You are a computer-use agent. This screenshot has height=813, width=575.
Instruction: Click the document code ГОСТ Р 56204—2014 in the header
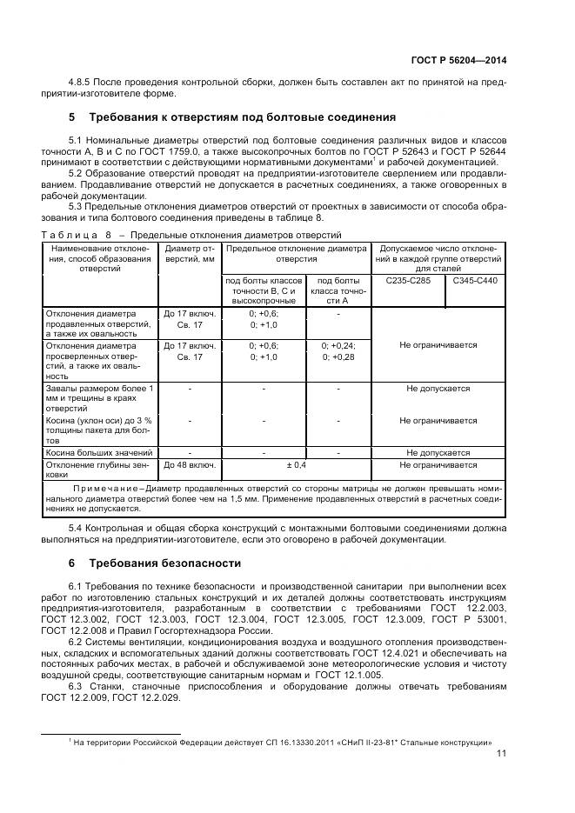[458, 60]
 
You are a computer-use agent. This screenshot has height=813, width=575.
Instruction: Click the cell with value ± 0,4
[297, 465]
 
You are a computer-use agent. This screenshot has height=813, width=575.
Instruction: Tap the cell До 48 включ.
[190, 465]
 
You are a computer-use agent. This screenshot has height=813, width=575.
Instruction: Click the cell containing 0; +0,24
[338, 344]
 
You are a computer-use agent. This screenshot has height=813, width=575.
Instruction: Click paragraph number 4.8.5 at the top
[81, 83]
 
